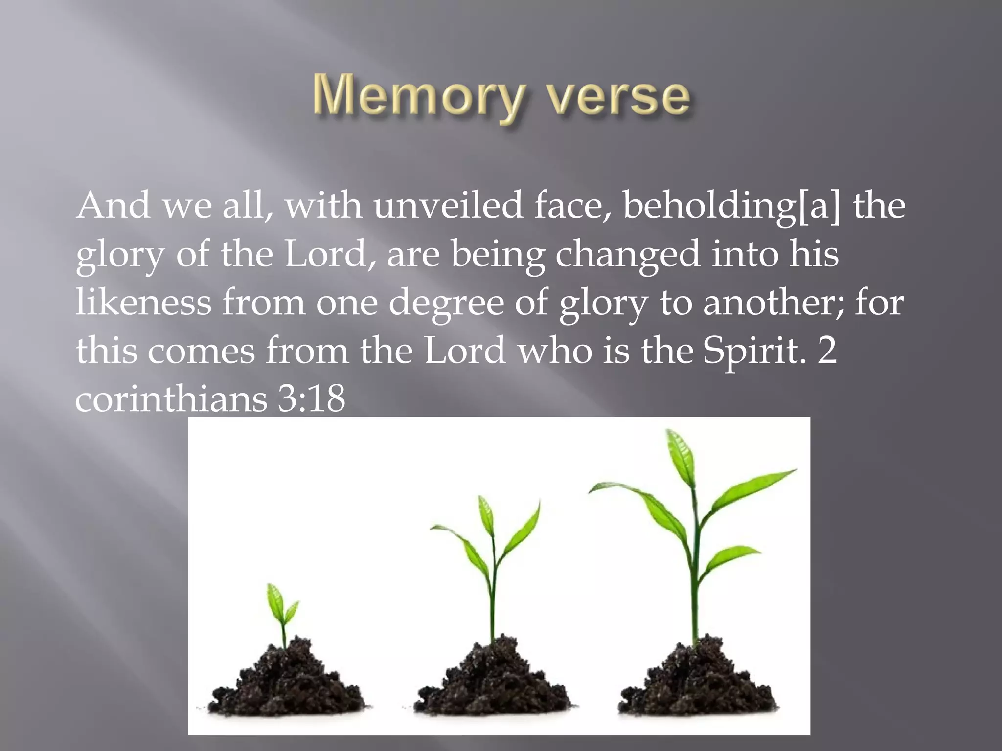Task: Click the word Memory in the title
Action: (x=418, y=96)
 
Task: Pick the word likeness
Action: (x=143, y=302)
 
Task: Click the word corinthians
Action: (x=171, y=398)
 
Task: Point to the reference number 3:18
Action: (x=312, y=398)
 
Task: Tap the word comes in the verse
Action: (x=201, y=351)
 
